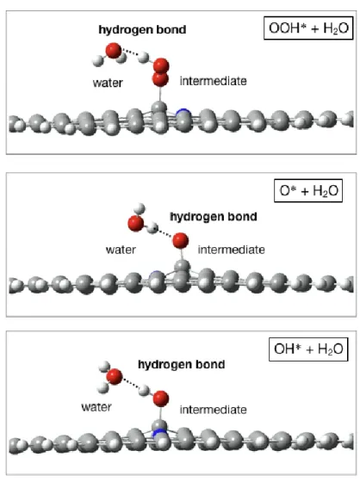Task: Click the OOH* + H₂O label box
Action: pyautogui.click(x=308, y=28)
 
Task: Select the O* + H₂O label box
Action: pyautogui.click(x=308, y=190)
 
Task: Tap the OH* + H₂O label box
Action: pyautogui.click(x=308, y=349)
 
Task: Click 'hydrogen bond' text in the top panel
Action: pyautogui.click(x=142, y=29)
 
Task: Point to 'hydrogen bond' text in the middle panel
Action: pyautogui.click(x=214, y=216)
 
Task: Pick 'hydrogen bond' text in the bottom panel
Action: pyautogui.click(x=181, y=364)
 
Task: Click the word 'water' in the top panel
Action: pyautogui.click(x=108, y=83)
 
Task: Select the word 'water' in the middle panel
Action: pyautogui.click(x=121, y=250)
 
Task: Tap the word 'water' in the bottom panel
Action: pyautogui.click(x=96, y=407)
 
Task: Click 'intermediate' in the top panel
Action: pyautogui.click(x=214, y=81)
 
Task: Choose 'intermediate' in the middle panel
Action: pyautogui.click(x=232, y=250)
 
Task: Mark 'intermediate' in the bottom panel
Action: pyautogui.click(x=214, y=410)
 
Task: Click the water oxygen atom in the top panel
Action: pyautogui.click(x=114, y=51)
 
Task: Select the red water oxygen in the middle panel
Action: pyautogui.click(x=136, y=223)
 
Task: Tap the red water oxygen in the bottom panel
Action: pyautogui.click(x=115, y=377)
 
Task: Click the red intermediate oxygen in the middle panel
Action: pyautogui.click(x=180, y=240)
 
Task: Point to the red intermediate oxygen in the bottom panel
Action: pyautogui.click(x=160, y=399)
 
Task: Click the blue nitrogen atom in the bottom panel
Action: pyautogui.click(x=159, y=433)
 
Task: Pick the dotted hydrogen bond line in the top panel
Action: pyautogui.click(x=129, y=53)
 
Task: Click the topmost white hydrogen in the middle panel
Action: pyautogui.click(x=140, y=208)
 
